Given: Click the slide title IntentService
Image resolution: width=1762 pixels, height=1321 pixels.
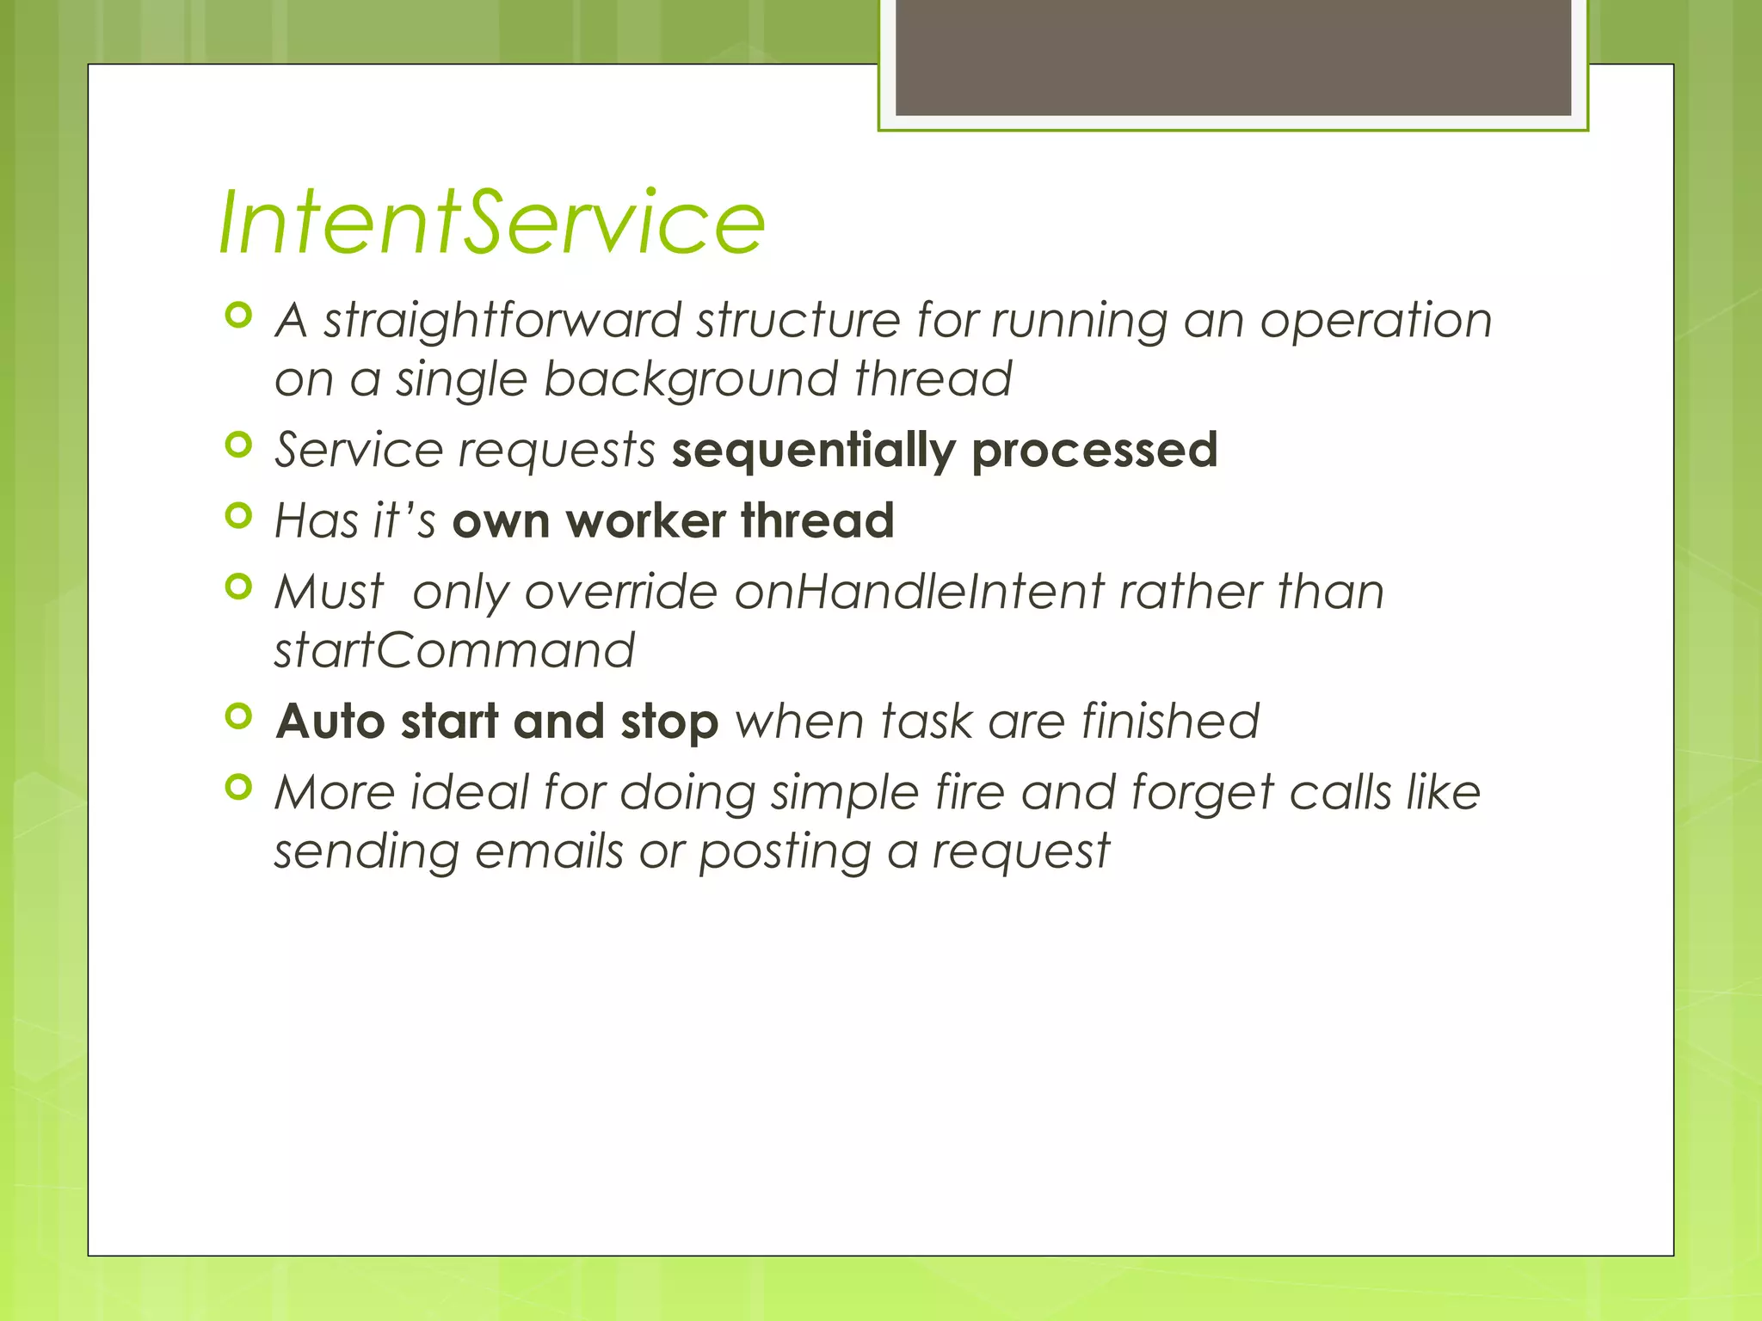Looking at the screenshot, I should pyautogui.click(x=491, y=224).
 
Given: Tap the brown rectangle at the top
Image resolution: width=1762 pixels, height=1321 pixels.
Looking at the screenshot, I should pyautogui.click(x=1233, y=57).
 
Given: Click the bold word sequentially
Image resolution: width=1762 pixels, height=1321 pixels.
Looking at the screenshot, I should pyautogui.click(x=813, y=451).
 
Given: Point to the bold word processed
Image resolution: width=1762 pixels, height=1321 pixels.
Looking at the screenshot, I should pyautogui.click(x=1094, y=451).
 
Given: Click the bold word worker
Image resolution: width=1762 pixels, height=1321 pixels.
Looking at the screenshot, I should pyautogui.click(x=645, y=521).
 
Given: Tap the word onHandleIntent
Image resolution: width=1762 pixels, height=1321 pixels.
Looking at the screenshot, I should pyautogui.click(x=919, y=593).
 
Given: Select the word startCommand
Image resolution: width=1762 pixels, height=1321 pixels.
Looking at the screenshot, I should pyautogui.click(x=454, y=651).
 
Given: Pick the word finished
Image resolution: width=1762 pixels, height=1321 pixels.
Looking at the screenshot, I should pyautogui.click(x=1170, y=721).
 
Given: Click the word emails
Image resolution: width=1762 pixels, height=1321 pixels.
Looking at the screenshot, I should pyautogui.click(x=549, y=851).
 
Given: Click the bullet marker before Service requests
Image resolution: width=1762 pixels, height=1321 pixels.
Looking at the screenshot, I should pyautogui.click(x=238, y=445).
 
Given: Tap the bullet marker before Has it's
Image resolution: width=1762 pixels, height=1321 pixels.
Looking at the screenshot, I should pyautogui.click(x=238, y=516).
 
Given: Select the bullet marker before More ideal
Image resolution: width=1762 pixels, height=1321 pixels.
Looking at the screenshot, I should pyautogui.click(x=238, y=787).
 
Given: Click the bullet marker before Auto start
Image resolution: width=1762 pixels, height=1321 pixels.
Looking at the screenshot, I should pyautogui.click(x=238, y=716).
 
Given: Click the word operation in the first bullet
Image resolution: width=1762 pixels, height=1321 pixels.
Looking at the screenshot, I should pyautogui.click(x=1376, y=321).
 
